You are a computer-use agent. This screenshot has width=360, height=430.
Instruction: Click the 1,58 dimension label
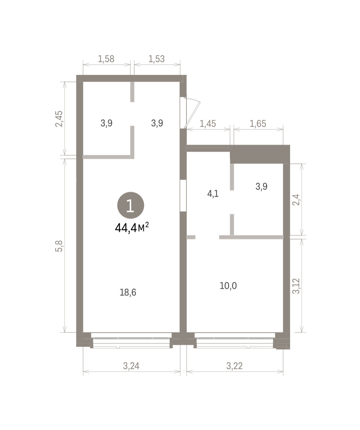pos(106,59)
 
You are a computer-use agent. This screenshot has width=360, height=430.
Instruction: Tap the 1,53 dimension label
pos(157,59)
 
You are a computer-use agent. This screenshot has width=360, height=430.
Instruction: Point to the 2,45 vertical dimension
pos(59,119)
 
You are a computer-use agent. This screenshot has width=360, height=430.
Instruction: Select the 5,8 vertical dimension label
pos(59,246)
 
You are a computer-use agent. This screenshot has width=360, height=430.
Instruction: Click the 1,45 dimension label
pos(208,124)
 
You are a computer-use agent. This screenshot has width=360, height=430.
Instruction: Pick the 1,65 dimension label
pos(258,124)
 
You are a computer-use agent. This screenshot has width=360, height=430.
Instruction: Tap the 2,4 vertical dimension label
pos(296,200)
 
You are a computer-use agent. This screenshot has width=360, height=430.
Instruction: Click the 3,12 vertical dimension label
pos(296,286)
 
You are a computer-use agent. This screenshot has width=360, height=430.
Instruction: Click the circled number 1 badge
pos(131,205)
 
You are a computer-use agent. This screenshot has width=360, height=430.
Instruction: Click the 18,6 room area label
pos(128,292)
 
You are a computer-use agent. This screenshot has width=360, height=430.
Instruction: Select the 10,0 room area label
pos(228,286)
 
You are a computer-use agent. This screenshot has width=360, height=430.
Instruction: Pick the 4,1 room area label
pos(213,194)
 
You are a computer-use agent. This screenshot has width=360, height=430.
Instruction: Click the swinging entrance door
pos(191,113)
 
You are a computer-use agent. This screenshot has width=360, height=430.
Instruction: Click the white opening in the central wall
pos(183,195)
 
